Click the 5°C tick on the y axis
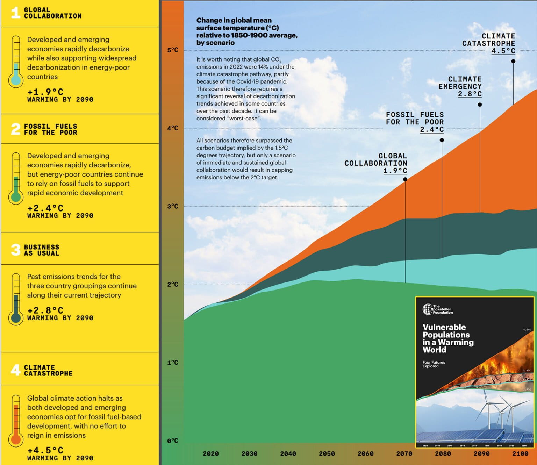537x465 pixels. tap(173, 50)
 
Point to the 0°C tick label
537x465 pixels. tap(173, 441)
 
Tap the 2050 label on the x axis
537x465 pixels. tap(327, 454)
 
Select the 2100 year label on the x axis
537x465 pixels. tap(520, 454)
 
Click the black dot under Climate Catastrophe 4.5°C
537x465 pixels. tap(513, 61)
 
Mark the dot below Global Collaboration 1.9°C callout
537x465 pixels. tap(405, 179)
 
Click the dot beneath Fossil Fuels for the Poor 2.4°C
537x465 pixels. tap(442, 140)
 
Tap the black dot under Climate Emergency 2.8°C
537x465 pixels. tap(480, 105)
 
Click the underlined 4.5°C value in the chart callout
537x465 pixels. tap(503, 51)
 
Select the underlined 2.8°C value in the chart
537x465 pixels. tap(470, 94)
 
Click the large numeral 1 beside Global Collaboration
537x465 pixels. tap(15, 13)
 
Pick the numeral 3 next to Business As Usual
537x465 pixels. tap(16, 250)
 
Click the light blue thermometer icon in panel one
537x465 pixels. tap(16, 62)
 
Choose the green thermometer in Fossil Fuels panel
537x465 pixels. tap(16, 178)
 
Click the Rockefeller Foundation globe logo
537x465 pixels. tap(427, 309)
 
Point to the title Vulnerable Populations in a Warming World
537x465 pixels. tap(448, 338)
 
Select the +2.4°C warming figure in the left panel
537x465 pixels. tap(45, 208)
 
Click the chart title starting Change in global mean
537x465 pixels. tap(246, 31)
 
